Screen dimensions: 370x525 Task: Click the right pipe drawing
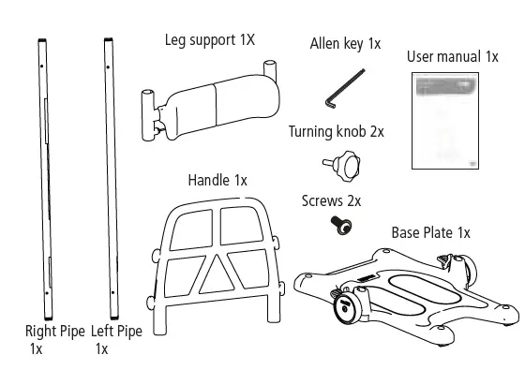pyautogui.click(x=43, y=178)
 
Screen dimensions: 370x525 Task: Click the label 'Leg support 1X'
pyautogui.click(x=210, y=39)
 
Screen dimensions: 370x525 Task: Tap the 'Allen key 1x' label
pyautogui.click(x=345, y=44)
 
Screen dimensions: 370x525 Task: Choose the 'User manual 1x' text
pyautogui.click(x=452, y=56)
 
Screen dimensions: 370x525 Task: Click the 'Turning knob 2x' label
pyautogui.click(x=337, y=131)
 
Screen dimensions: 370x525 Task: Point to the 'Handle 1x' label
pyautogui.click(x=217, y=179)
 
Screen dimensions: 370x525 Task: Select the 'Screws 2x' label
pyautogui.click(x=331, y=200)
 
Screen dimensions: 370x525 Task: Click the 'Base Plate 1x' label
pyautogui.click(x=430, y=231)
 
